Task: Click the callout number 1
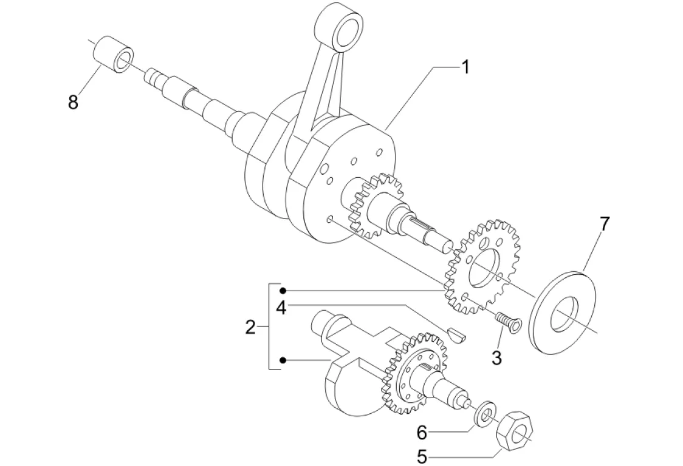pos(465,67)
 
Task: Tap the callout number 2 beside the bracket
pos(250,328)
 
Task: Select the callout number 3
pos(496,358)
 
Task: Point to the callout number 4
pos(280,308)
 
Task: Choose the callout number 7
pos(603,224)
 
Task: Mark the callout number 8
pos(74,103)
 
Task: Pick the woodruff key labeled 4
pos(457,333)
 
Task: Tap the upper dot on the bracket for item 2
pos(283,291)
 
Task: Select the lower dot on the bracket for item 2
pos(283,360)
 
